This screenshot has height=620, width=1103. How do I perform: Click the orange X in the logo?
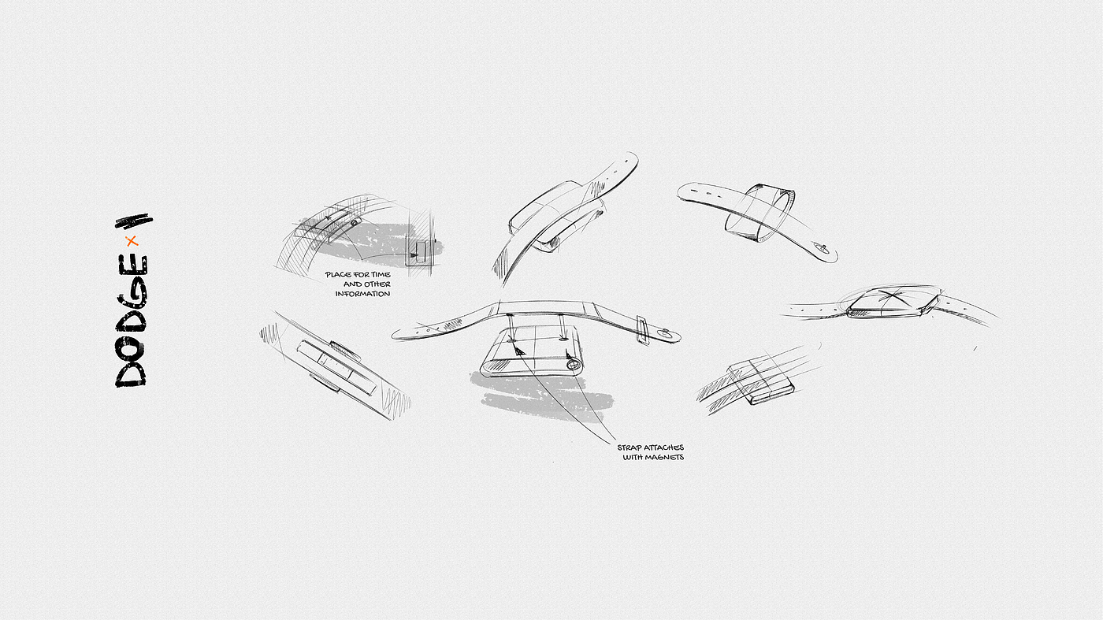(x=132, y=241)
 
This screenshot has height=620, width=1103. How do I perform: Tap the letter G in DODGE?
(x=132, y=294)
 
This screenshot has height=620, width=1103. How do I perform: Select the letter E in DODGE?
(x=133, y=266)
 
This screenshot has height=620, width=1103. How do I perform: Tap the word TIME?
(x=381, y=274)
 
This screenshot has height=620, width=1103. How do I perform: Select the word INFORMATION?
(x=363, y=294)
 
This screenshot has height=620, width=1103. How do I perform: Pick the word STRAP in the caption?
(x=629, y=447)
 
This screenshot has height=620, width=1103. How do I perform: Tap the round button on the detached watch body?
(x=572, y=365)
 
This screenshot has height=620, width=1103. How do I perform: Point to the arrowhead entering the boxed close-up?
(x=414, y=255)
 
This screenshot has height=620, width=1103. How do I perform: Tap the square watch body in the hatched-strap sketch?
(x=761, y=382)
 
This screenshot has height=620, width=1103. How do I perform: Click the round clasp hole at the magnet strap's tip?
(x=666, y=333)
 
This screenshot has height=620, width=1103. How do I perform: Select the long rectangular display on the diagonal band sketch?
(x=336, y=367)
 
